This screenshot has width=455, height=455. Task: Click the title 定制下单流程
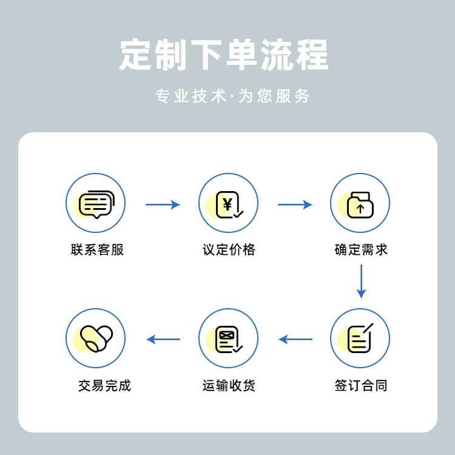(x=224, y=55)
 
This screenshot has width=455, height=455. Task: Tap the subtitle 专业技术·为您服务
(x=232, y=96)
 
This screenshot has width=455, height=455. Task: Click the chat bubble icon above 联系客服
(x=95, y=204)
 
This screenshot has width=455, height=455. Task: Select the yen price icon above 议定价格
(x=229, y=204)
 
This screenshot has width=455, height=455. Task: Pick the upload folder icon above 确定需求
(x=360, y=204)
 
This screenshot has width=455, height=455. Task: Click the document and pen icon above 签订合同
(x=360, y=339)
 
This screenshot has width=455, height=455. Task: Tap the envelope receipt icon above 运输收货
(x=229, y=339)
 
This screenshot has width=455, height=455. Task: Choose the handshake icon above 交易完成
(x=95, y=339)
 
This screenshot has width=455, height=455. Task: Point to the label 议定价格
(x=229, y=249)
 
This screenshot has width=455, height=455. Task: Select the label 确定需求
(x=361, y=249)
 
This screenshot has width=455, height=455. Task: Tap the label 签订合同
(x=361, y=385)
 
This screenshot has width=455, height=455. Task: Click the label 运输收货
(x=229, y=385)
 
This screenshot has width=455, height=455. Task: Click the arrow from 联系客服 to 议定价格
(x=163, y=204)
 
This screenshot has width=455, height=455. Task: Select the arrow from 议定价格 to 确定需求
(x=295, y=204)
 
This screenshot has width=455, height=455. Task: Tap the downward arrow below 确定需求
(x=362, y=281)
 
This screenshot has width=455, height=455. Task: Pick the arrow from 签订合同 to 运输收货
(x=295, y=339)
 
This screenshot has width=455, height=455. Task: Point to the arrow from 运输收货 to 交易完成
(x=163, y=339)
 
